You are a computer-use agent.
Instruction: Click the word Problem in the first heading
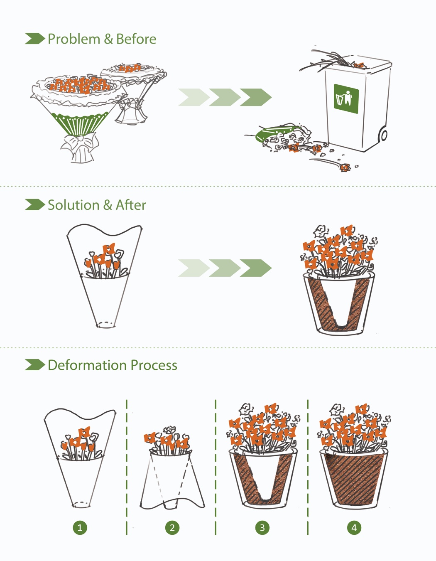click(x=74, y=39)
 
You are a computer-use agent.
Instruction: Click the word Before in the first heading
click(x=136, y=39)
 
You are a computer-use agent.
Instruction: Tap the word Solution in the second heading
click(x=73, y=205)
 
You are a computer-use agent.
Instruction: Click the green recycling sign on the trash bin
click(x=346, y=98)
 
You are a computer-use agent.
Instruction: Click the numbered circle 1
click(x=80, y=528)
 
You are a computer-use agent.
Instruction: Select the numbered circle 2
click(x=172, y=528)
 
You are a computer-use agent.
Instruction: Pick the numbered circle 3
click(x=262, y=528)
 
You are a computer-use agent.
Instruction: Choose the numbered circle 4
click(x=354, y=528)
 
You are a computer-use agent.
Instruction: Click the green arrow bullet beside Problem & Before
click(x=34, y=39)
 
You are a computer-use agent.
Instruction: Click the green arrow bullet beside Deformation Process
click(x=34, y=365)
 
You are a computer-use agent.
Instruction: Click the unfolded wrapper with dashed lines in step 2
click(x=172, y=482)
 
